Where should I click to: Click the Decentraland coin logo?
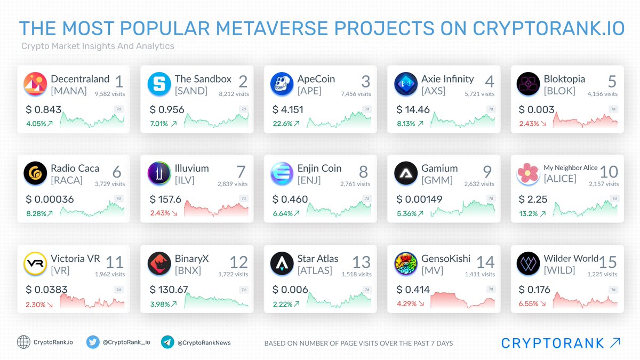click(x=35, y=84)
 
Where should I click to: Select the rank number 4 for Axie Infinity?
click(x=489, y=82)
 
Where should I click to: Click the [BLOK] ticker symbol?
click(x=559, y=91)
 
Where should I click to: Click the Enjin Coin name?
click(x=320, y=169)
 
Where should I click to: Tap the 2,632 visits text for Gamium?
click(x=478, y=184)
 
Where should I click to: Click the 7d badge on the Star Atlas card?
click(x=366, y=290)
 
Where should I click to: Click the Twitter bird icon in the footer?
click(x=93, y=342)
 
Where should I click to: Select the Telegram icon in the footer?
click(x=167, y=342)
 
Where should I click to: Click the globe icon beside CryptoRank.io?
click(x=23, y=342)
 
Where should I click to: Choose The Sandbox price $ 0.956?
click(x=167, y=110)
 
